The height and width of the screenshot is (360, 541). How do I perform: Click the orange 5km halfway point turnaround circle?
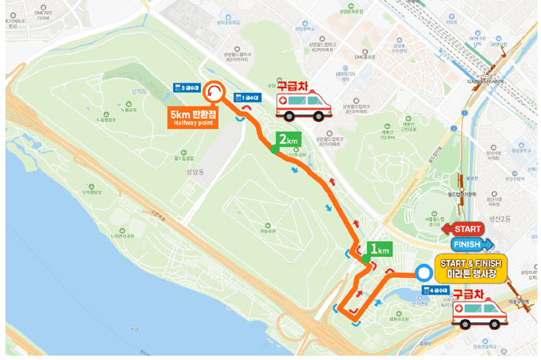click(213, 94)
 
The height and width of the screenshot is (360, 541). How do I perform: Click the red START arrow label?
click(464, 229)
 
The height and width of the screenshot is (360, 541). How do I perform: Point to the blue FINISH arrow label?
click(471, 244)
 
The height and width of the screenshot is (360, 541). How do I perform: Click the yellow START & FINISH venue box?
click(470, 268)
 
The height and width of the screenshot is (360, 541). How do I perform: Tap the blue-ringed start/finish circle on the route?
click(424, 274)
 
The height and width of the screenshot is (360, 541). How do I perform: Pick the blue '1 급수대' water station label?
click(247, 98)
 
